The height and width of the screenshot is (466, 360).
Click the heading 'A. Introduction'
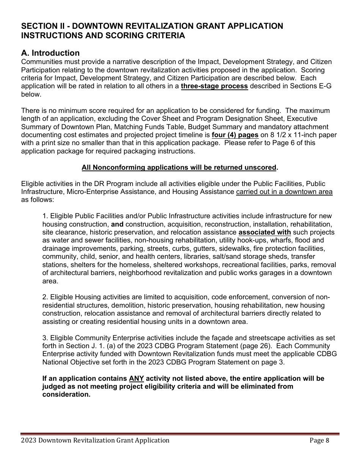(50, 53)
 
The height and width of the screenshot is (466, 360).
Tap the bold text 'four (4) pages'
(235, 135)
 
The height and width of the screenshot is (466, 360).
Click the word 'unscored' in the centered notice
(262, 167)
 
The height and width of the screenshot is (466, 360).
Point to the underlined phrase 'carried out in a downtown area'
(284, 192)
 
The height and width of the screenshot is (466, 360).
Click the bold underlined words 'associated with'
(265, 232)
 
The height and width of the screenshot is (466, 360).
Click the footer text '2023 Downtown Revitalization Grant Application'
(95, 440)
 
